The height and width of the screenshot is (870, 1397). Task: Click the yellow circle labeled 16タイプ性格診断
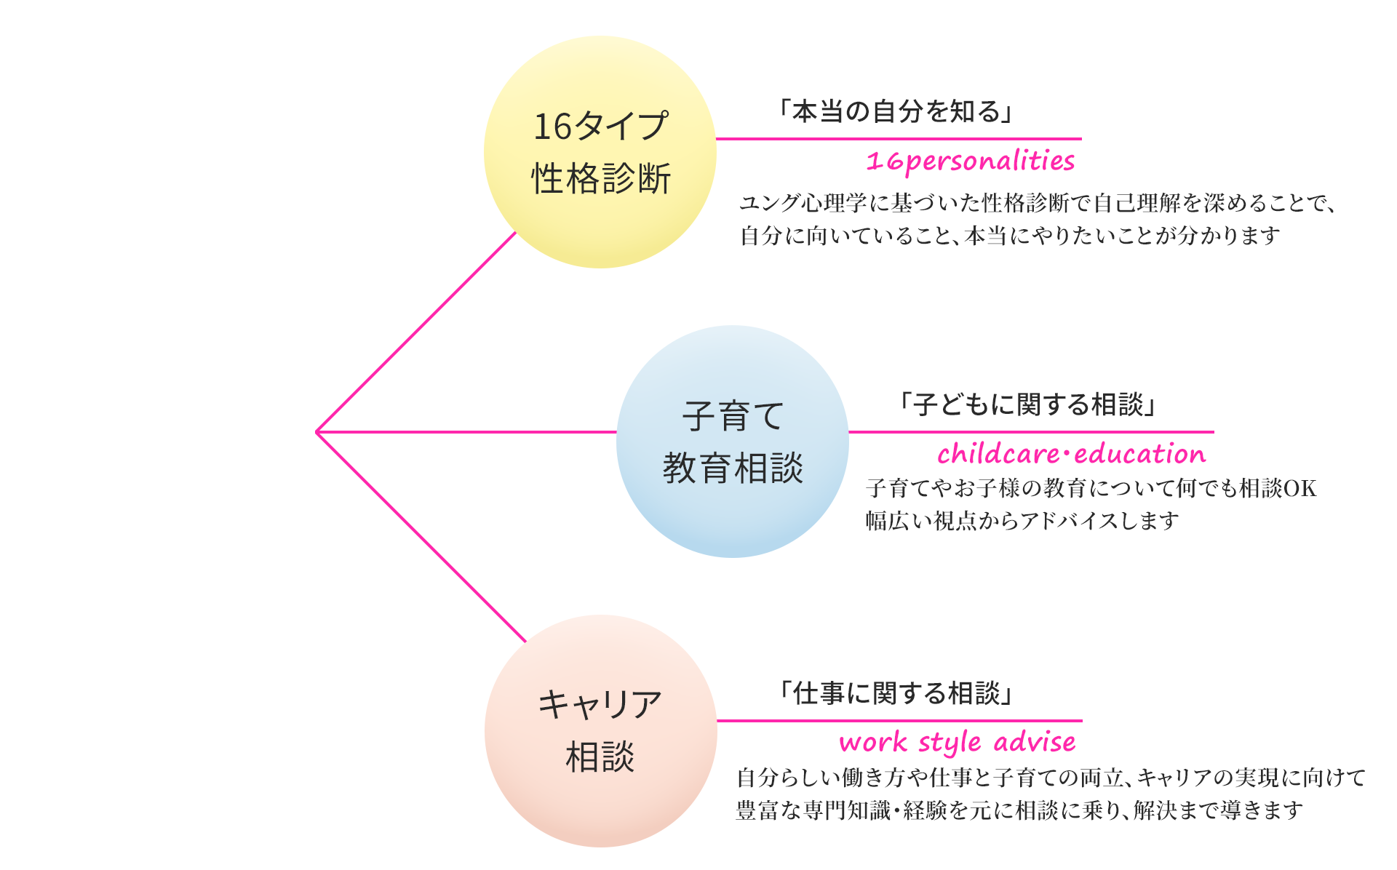point(600,152)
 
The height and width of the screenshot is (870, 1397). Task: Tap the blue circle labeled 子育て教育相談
point(732,442)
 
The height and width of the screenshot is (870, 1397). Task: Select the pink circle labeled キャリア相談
point(600,730)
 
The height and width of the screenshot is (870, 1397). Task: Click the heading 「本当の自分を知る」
point(896,111)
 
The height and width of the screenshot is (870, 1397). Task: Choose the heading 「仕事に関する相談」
point(896,693)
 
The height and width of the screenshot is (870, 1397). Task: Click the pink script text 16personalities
point(970,161)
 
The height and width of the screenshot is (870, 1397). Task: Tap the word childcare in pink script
point(998,454)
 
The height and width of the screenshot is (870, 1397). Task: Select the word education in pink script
point(1139,454)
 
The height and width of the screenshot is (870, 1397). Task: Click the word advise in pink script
point(1035,742)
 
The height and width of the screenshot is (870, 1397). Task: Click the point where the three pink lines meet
point(317,432)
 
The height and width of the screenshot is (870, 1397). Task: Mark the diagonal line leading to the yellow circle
point(416,332)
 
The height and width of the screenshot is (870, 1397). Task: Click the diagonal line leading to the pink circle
point(421,537)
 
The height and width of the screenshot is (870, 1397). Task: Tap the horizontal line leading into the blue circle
point(466,432)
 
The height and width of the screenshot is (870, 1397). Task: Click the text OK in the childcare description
point(1300,488)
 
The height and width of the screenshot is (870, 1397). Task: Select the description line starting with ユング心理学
point(1038,203)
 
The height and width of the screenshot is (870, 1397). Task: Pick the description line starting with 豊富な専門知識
point(1019,810)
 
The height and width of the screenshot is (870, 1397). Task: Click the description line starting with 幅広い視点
point(1022,521)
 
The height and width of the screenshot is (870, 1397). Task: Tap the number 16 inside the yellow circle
point(553,127)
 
